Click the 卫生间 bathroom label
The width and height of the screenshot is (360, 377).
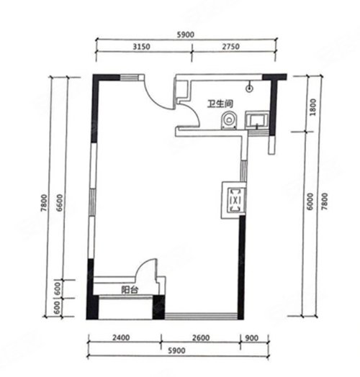220,104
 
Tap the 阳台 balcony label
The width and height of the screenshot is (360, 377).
130,290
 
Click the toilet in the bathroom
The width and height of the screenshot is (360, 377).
230,120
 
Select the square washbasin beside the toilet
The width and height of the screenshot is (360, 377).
257,119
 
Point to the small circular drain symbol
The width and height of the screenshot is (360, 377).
249,88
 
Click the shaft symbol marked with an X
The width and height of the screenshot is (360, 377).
234,200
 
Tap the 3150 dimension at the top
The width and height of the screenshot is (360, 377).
142,47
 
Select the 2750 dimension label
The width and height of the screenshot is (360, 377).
231,46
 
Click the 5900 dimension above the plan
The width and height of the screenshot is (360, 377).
185,35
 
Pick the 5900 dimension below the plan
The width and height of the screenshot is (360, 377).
176,350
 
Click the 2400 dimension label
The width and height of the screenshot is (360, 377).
121,337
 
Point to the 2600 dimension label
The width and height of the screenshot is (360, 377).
201,338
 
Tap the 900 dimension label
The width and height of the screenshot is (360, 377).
252,338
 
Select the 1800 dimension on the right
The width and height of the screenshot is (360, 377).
312,107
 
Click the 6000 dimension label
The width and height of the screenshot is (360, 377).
310,201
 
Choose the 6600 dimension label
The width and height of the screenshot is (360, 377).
60,203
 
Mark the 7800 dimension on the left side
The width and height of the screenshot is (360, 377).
45,204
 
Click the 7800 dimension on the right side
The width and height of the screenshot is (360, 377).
325,201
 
